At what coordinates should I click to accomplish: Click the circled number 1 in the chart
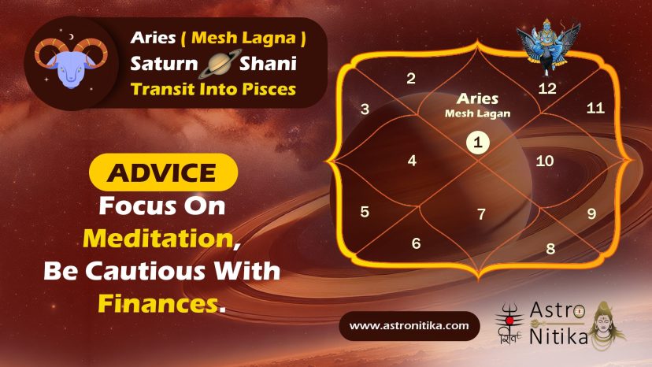pyautogui.click(x=478, y=143)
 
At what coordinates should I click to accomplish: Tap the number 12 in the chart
pyautogui.click(x=546, y=88)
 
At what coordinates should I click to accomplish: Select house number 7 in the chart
pyautogui.click(x=481, y=214)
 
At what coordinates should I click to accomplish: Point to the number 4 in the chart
pyautogui.click(x=412, y=161)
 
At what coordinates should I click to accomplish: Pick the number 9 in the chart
pyautogui.click(x=591, y=213)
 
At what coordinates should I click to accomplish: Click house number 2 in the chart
pyautogui.click(x=411, y=78)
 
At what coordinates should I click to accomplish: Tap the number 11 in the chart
pyautogui.click(x=595, y=108)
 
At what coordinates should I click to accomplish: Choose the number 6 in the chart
pyautogui.click(x=416, y=243)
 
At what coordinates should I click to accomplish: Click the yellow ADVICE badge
pyautogui.click(x=164, y=172)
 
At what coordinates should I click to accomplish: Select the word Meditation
pyautogui.click(x=158, y=239)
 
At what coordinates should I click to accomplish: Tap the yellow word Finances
pyautogui.click(x=158, y=303)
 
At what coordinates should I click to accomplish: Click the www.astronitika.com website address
pyautogui.click(x=409, y=326)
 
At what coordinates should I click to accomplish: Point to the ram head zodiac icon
pyautogui.click(x=71, y=61)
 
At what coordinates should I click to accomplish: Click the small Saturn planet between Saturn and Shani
pyautogui.click(x=220, y=64)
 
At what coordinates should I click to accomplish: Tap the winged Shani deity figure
pyautogui.click(x=548, y=45)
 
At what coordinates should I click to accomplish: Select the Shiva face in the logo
pyautogui.click(x=607, y=325)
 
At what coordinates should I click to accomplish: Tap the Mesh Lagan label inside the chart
pyautogui.click(x=477, y=113)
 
